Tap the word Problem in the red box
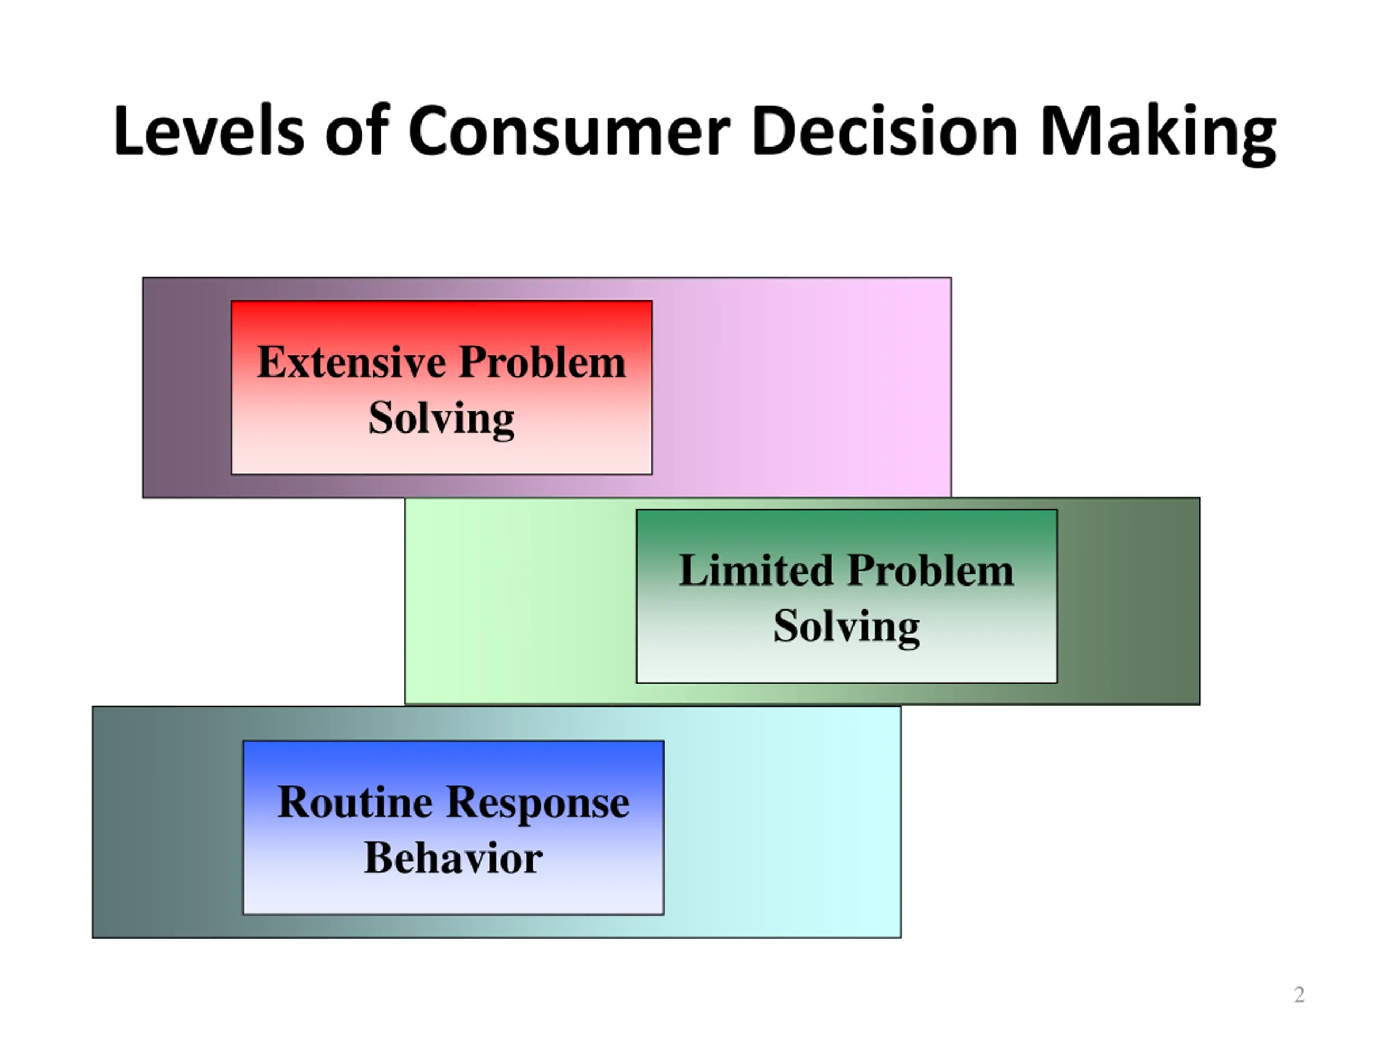pyautogui.click(x=542, y=363)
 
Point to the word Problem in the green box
pyautogui.click(x=931, y=571)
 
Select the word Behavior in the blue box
pyautogui.click(x=453, y=859)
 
